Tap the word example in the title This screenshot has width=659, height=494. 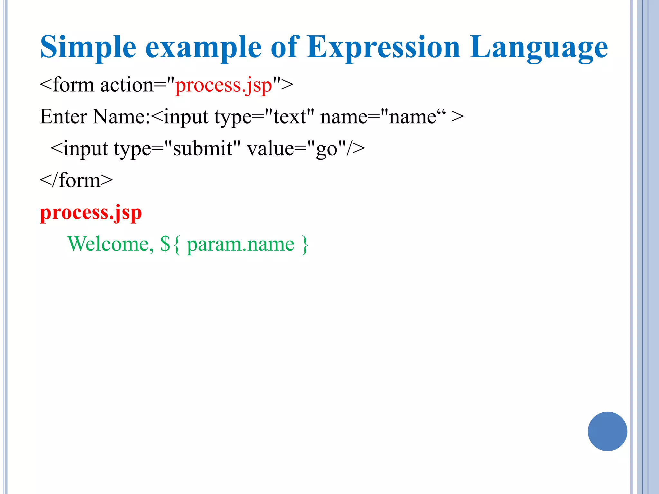(x=203, y=48)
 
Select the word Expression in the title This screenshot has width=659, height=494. (x=383, y=48)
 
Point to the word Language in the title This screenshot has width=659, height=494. (x=538, y=48)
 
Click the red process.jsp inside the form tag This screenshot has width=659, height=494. (x=224, y=86)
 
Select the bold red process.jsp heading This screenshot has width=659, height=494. (x=91, y=213)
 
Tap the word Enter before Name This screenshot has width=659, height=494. (x=63, y=116)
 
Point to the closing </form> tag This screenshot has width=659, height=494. (x=76, y=180)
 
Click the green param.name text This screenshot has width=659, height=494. (x=240, y=244)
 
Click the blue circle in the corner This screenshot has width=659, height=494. (x=607, y=431)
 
